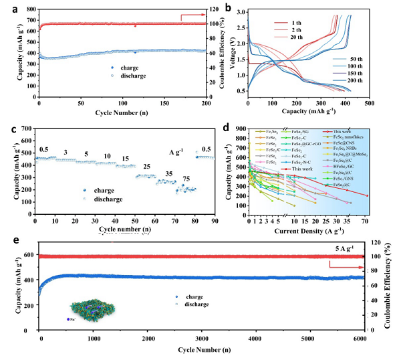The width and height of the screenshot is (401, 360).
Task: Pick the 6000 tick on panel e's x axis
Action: point(360,340)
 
